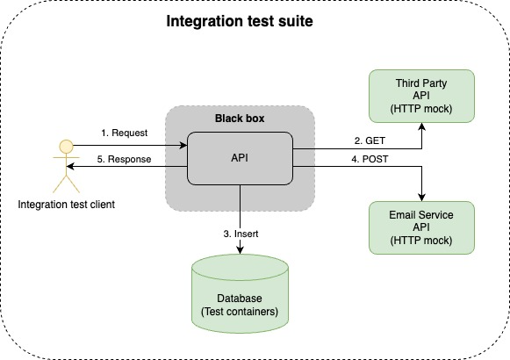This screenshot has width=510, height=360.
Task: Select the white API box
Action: (240, 159)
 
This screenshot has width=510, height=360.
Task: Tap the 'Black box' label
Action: (240, 118)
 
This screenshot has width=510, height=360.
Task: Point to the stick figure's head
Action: (62, 145)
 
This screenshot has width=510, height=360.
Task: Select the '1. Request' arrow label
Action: (124, 133)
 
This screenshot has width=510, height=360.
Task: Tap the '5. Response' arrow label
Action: (124, 159)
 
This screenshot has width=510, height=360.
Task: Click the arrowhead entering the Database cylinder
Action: (240, 251)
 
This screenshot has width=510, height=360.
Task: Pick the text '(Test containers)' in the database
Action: (240, 310)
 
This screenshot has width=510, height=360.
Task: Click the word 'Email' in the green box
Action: (403, 215)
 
